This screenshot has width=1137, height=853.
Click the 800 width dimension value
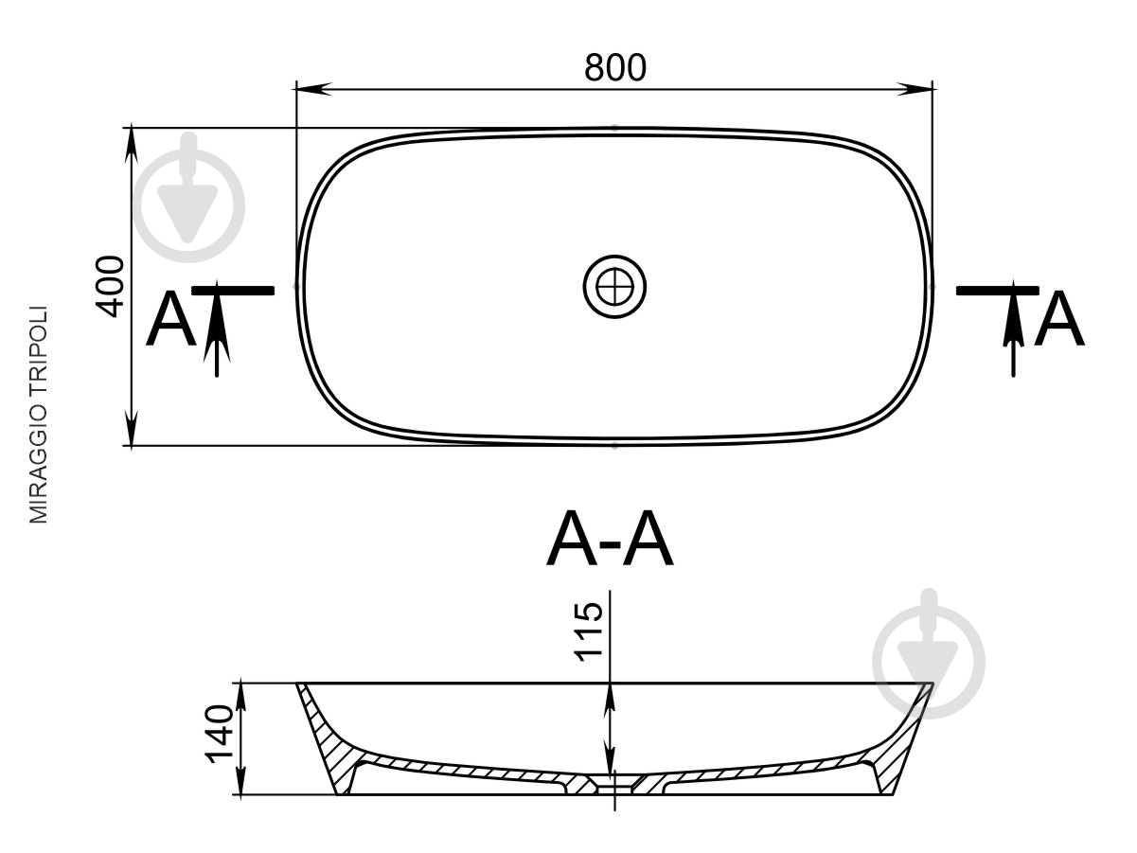(x=614, y=67)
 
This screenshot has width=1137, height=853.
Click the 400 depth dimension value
(x=111, y=287)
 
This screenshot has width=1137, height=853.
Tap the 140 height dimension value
(x=220, y=734)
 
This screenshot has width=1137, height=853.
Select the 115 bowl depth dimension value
(x=589, y=631)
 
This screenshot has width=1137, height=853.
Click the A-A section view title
(x=610, y=539)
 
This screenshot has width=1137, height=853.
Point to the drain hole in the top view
(x=614, y=287)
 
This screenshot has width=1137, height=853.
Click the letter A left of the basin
(x=171, y=319)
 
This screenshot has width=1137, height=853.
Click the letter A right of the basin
(x=1058, y=319)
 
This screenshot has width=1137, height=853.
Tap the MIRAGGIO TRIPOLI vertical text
(x=38, y=415)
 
